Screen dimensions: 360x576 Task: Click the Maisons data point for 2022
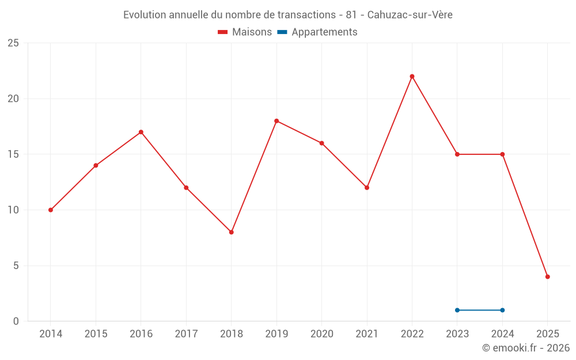point(412,77)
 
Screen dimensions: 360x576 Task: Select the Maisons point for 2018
point(231,232)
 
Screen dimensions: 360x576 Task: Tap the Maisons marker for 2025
point(547,276)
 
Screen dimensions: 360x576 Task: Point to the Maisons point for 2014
point(51,210)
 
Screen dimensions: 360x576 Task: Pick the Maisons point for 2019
point(276,121)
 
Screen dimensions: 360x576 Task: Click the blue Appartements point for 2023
point(457,310)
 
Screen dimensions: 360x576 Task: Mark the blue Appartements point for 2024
point(502,310)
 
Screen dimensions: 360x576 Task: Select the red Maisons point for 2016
point(141,132)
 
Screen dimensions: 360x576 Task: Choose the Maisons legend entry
point(245,32)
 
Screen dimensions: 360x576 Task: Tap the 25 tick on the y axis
point(13,43)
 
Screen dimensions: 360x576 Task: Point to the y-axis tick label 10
point(13,210)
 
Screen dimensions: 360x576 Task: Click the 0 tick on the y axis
point(16,321)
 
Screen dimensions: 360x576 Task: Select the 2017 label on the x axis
point(186,334)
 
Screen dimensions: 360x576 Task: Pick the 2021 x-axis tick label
point(367,334)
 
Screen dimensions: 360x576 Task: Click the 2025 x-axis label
point(547,334)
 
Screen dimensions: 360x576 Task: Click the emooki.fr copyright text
point(526,348)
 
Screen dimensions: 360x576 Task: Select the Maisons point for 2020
point(321,143)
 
